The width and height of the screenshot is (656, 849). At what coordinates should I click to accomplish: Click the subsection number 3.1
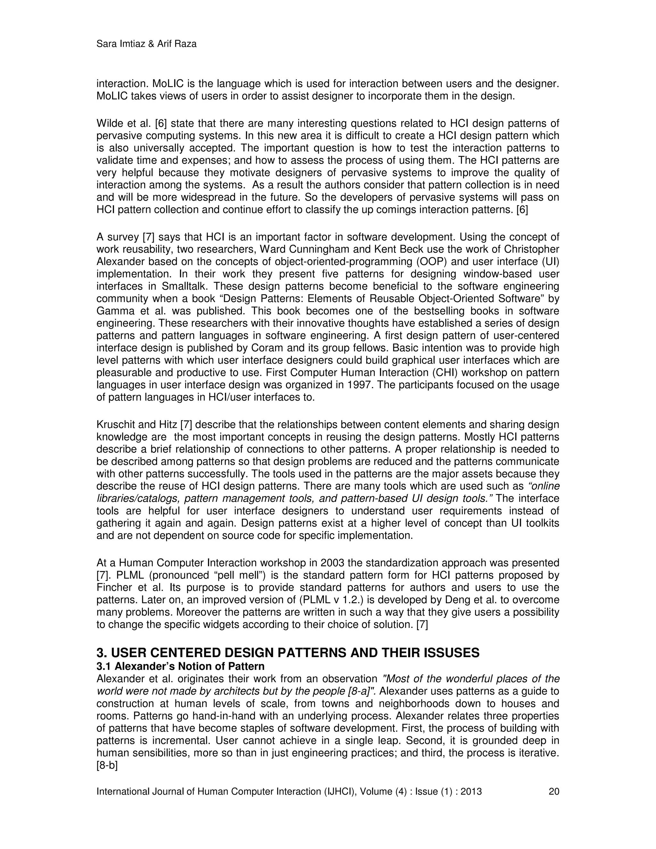tap(104, 666)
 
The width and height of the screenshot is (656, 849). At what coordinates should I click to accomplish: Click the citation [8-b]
tap(107, 765)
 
